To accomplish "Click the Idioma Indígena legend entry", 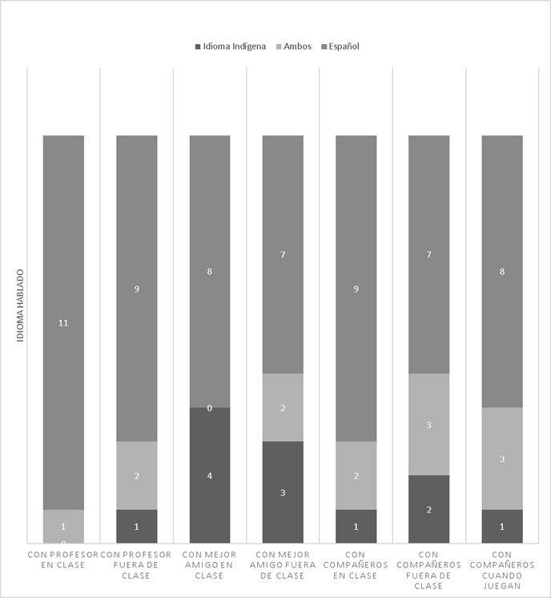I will click(230, 46).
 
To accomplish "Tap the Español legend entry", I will click(340, 46).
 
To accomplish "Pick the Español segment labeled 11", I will click(63, 322).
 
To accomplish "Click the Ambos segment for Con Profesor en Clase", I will click(63, 526).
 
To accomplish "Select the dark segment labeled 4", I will click(210, 475).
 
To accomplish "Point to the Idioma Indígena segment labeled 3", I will click(283, 492).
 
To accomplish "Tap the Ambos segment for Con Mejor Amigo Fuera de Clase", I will click(283, 407).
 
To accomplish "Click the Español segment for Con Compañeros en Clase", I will click(356, 289).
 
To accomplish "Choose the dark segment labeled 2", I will click(428, 509).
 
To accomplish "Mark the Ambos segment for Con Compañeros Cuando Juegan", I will click(502, 459).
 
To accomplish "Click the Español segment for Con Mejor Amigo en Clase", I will click(210, 271).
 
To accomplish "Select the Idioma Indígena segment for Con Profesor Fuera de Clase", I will click(137, 526).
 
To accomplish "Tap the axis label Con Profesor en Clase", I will click(63, 559).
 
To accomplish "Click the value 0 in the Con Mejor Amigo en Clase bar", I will click(210, 409).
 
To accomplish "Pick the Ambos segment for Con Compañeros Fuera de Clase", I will click(428, 424).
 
